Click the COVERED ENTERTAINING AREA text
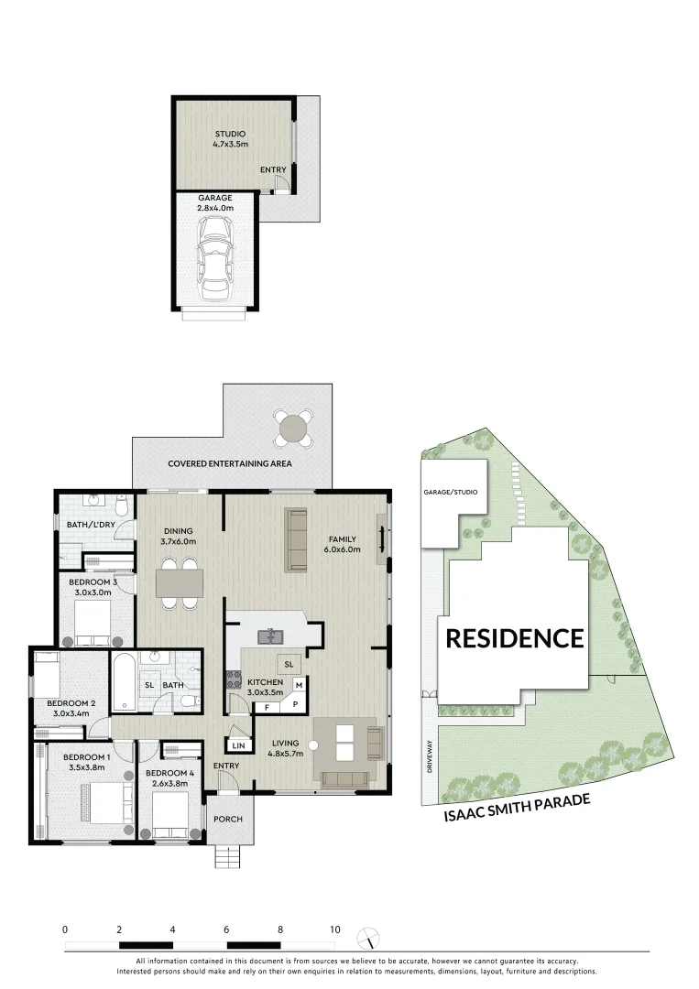[x=230, y=464]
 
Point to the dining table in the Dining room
[x=180, y=582]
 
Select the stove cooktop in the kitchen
[x=233, y=680]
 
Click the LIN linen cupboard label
[x=237, y=745]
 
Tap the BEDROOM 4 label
[x=170, y=774]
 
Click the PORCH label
[x=228, y=819]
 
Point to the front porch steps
[x=228, y=856]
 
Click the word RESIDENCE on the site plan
[x=514, y=638]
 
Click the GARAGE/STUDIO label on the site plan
[x=450, y=492]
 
